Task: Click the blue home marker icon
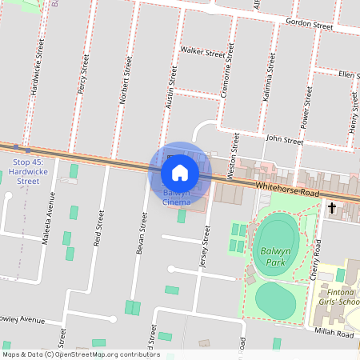(x=180, y=172)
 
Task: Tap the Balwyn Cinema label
(x=176, y=198)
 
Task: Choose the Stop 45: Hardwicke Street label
(x=27, y=171)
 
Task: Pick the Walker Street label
(x=202, y=53)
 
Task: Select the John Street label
(x=285, y=141)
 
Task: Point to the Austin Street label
(x=170, y=88)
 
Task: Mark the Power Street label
(x=306, y=109)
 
